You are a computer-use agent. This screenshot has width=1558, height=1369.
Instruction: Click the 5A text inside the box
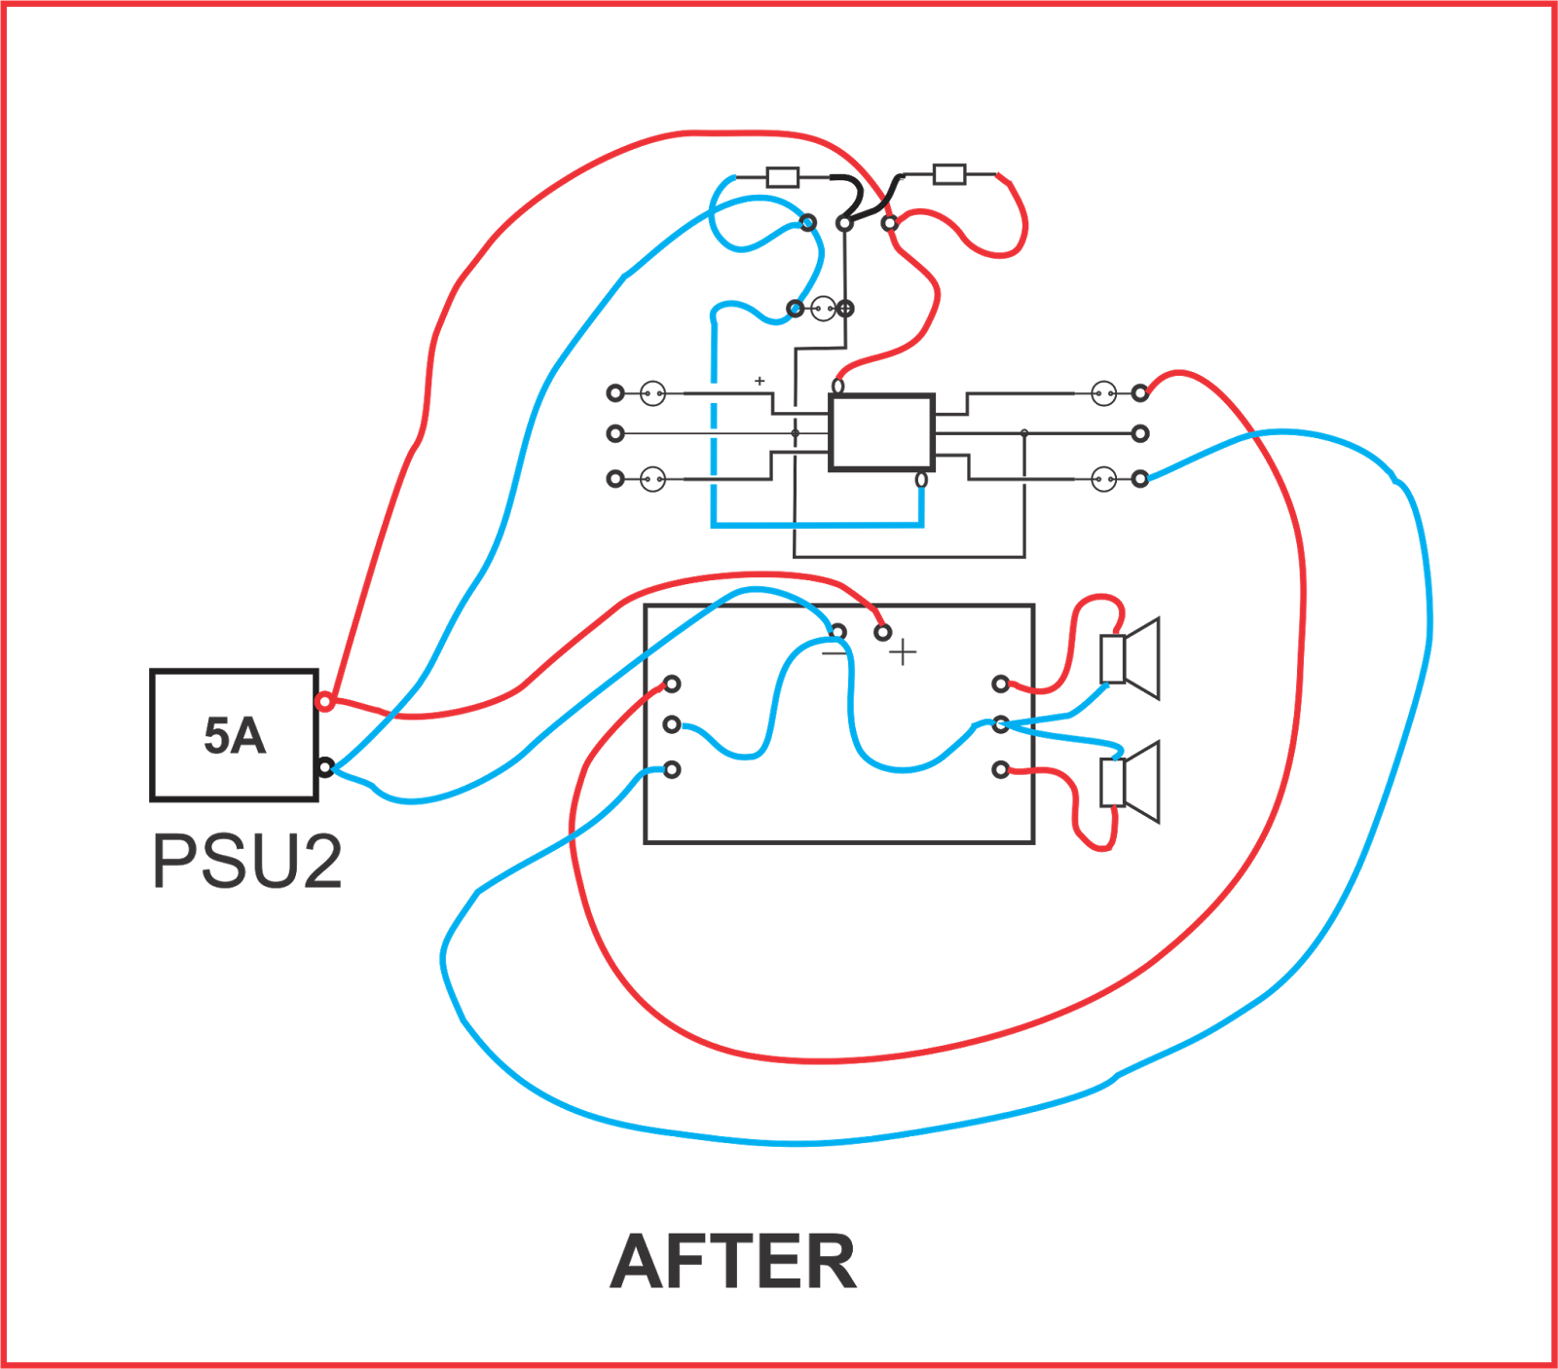235,736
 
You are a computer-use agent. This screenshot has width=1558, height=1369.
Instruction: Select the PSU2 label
247,862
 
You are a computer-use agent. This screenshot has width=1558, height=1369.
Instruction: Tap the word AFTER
733,1262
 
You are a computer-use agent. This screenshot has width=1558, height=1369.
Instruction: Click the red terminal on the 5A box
324,701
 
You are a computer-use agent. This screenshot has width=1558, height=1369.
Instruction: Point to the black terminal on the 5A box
325,767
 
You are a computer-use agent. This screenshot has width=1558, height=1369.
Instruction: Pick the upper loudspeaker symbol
1130,658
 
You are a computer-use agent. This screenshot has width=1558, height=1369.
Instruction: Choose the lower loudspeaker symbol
1130,782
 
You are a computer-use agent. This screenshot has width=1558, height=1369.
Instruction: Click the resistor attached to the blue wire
783,177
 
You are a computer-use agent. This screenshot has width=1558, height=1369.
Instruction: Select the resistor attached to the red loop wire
949,174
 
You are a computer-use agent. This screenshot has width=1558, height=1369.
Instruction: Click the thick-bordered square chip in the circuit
881,432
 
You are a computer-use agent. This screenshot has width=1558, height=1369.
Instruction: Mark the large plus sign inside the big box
903,651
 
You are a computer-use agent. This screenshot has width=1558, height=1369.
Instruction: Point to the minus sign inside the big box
835,652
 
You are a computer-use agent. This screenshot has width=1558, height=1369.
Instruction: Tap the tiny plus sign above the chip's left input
760,381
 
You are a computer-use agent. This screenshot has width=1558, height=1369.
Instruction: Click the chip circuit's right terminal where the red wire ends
1140,393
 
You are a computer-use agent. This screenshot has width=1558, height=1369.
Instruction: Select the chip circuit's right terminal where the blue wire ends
1140,478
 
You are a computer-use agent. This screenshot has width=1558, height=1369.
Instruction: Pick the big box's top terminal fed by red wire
882,633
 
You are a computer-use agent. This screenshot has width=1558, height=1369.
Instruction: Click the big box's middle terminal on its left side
672,724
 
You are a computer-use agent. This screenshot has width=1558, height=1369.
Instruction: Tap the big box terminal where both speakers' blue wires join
1000,724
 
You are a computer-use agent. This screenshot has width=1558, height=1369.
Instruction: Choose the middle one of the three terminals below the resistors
844,224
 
